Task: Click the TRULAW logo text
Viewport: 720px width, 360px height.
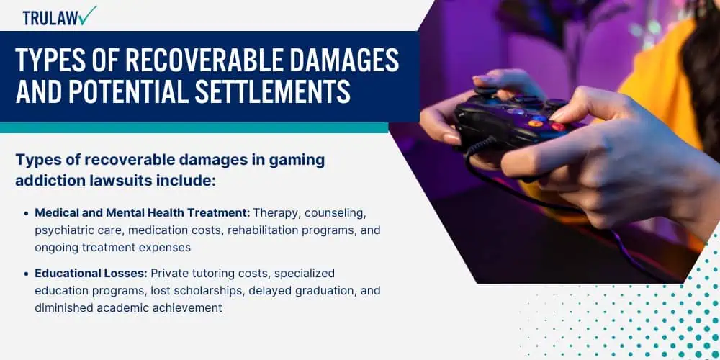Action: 50,18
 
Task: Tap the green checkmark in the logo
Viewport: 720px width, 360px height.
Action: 87,16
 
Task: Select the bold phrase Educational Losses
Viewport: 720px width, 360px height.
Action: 91,273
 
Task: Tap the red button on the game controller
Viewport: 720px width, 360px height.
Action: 558,127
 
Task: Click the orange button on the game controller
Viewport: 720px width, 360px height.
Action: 534,124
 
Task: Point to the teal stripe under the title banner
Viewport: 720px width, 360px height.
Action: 194,127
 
